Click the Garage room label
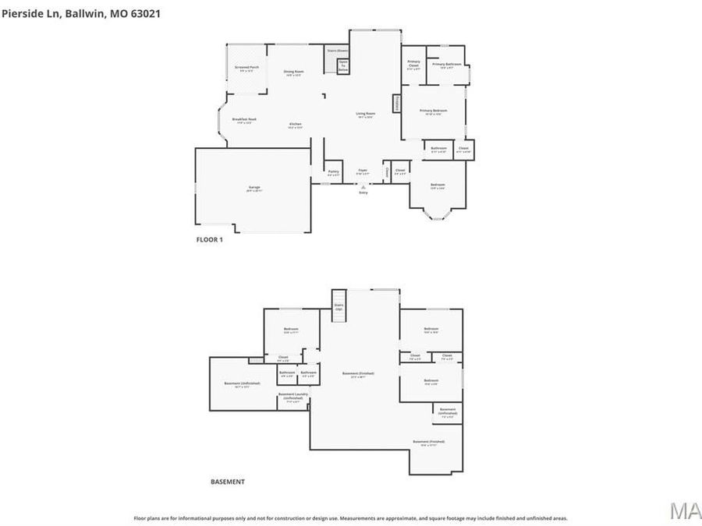254,188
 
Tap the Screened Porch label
247,68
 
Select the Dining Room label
293,72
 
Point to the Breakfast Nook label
244,119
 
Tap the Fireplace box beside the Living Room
396,103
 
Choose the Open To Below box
343,65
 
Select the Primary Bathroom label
447,65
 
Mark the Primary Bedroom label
434,111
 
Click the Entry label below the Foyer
363,192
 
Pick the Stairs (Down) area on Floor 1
337,50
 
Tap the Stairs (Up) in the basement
339,305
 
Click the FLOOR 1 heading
209,240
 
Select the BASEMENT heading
228,482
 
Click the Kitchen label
296,125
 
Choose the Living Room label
366,115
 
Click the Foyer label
363,170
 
